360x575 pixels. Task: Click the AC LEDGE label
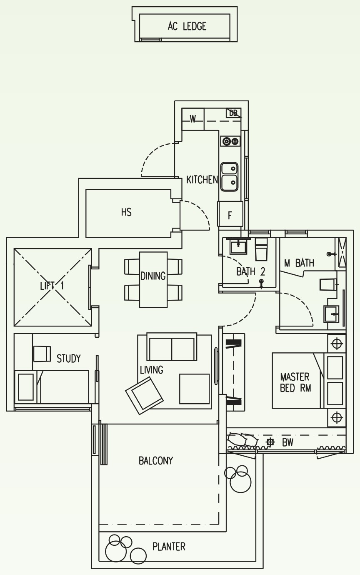click(x=187, y=26)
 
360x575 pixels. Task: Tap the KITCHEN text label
click(x=202, y=180)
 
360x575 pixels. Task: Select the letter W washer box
click(x=193, y=119)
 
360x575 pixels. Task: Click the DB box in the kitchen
click(x=233, y=113)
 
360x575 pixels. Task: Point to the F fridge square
click(x=230, y=214)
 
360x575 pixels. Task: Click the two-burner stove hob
click(x=230, y=141)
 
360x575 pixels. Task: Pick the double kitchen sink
click(x=230, y=176)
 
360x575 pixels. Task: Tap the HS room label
click(x=126, y=212)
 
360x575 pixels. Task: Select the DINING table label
click(x=153, y=276)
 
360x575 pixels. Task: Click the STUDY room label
click(x=68, y=359)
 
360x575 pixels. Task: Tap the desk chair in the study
click(x=42, y=354)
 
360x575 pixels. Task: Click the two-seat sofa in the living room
click(x=172, y=347)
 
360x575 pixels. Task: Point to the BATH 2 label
click(x=251, y=271)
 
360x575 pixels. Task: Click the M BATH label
click(x=299, y=263)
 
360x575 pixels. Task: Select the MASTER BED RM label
click(x=295, y=382)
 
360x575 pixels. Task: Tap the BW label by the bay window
click(x=287, y=442)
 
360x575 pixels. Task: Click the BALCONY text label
click(x=156, y=461)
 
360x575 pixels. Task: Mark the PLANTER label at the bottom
click(x=169, y=547)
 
